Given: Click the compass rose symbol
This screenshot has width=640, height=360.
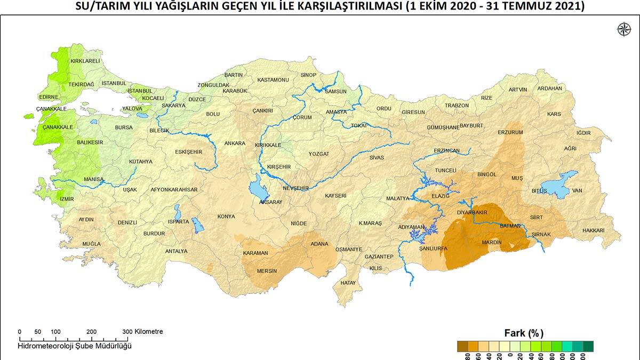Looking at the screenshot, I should point(623,29).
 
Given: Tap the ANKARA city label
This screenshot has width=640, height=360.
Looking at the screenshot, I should point(235,143).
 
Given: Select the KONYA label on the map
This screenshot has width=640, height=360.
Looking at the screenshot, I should point(226,217).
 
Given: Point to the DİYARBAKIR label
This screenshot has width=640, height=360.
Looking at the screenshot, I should point(469,212).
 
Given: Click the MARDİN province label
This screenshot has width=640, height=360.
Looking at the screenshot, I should point(492,243).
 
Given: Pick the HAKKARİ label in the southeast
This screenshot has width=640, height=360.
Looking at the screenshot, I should point(594,230).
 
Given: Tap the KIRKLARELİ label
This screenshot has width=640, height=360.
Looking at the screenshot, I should point(85,61).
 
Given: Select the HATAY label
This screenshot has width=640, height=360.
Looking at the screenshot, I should point(348,283).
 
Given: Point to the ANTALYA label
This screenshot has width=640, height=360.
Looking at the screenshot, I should point(176,251).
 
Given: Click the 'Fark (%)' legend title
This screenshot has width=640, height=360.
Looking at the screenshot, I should point(524,333).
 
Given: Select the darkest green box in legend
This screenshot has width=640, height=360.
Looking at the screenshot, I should point(588,347).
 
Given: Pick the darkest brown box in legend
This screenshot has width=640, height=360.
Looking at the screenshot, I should point(462,347).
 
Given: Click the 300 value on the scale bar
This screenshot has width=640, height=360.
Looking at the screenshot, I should point(127,332).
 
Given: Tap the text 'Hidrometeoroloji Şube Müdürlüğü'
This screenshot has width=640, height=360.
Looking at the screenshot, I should point(74,346).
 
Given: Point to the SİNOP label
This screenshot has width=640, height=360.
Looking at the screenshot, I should point(308,75).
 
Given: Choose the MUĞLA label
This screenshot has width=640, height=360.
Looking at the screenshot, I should point(91,244).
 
